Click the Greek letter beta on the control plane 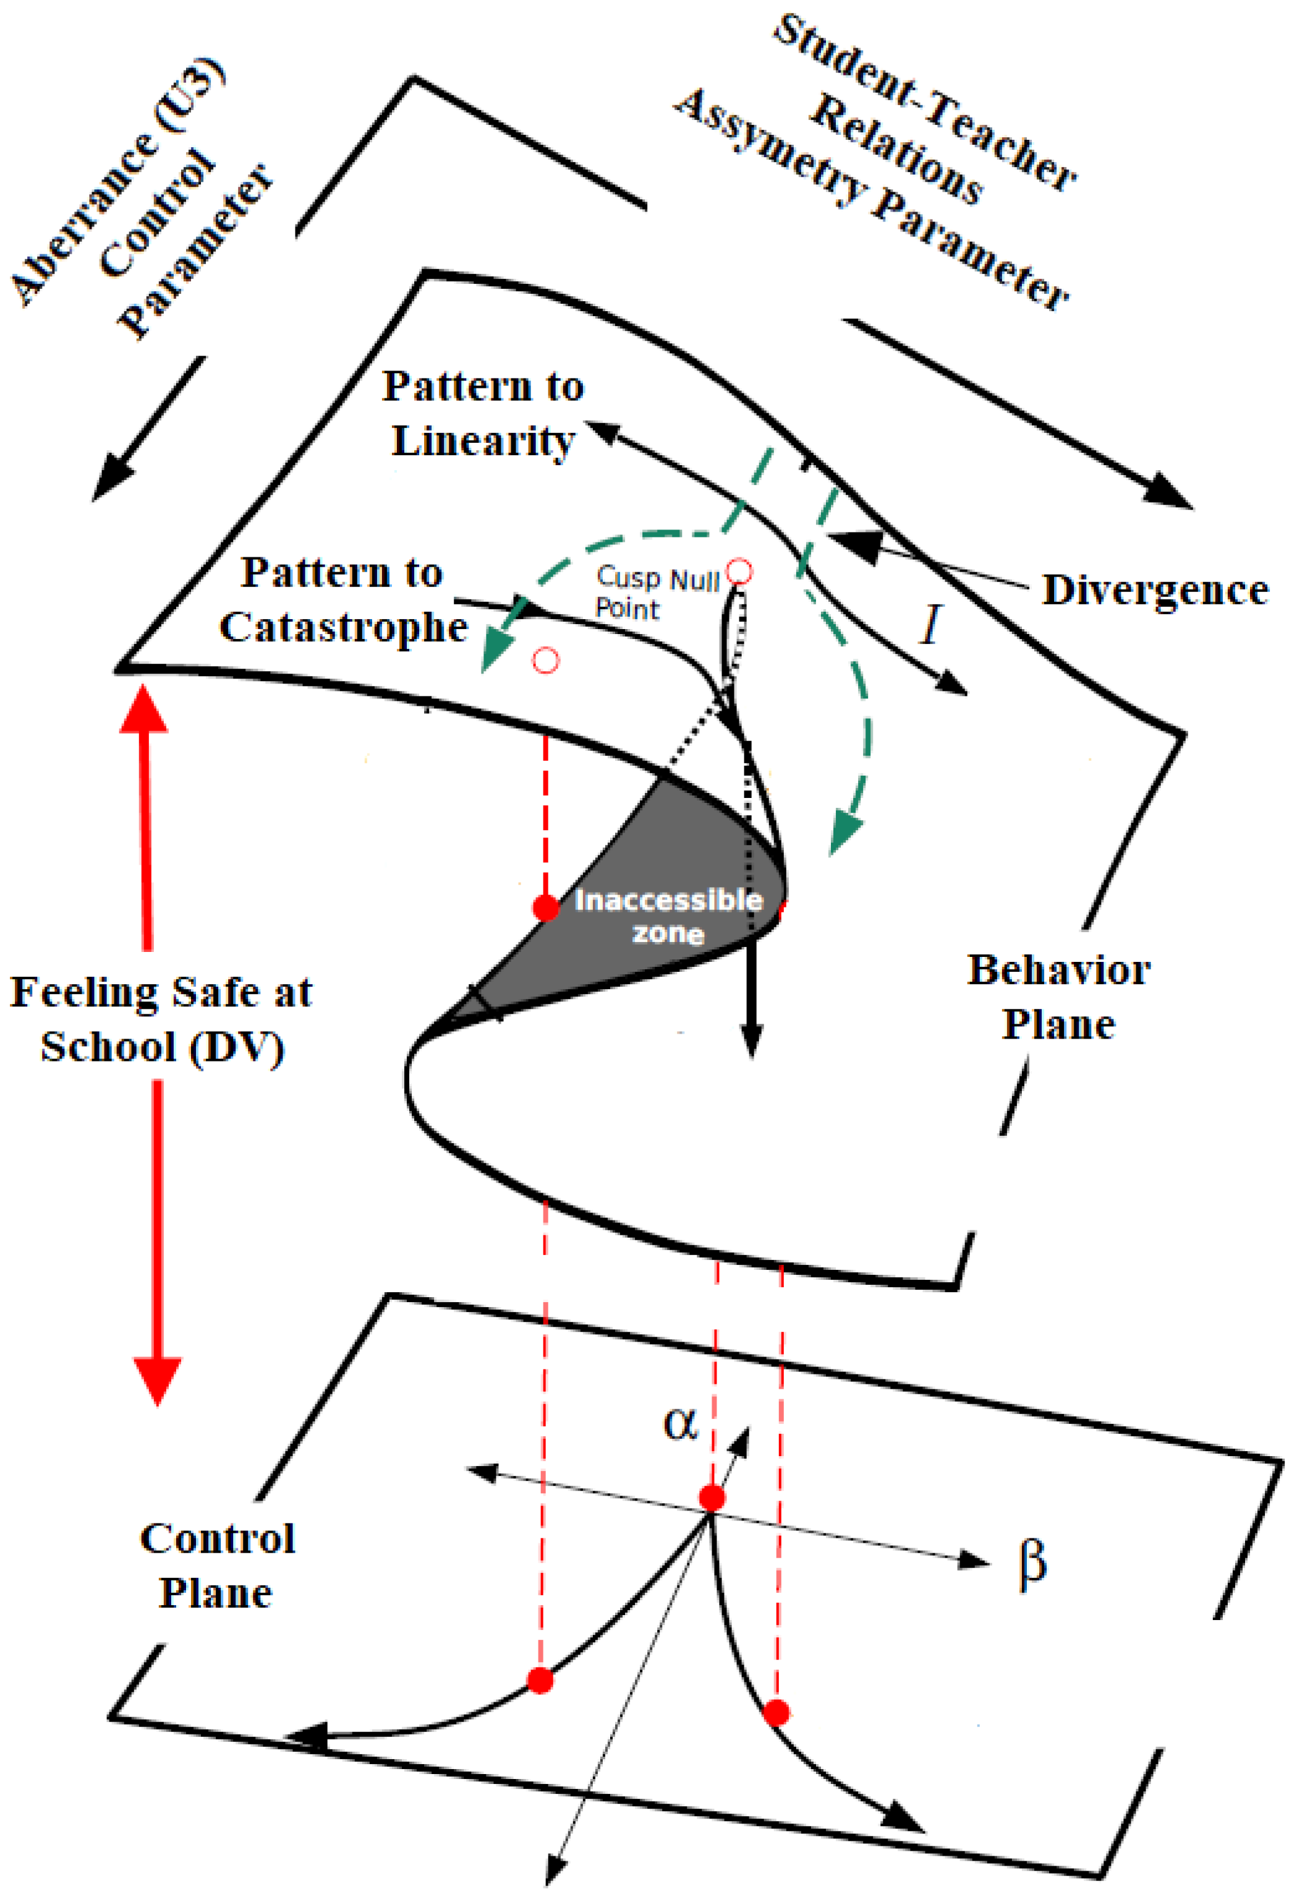[1032, 1562]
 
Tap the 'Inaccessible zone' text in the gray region [668, 916]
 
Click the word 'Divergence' [1155, 590]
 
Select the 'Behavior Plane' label [1058, 997]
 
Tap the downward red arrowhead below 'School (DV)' [158, 1381]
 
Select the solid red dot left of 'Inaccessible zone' [546, 907]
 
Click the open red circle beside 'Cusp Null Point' [739, 571]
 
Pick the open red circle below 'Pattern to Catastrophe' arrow [546, 659]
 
